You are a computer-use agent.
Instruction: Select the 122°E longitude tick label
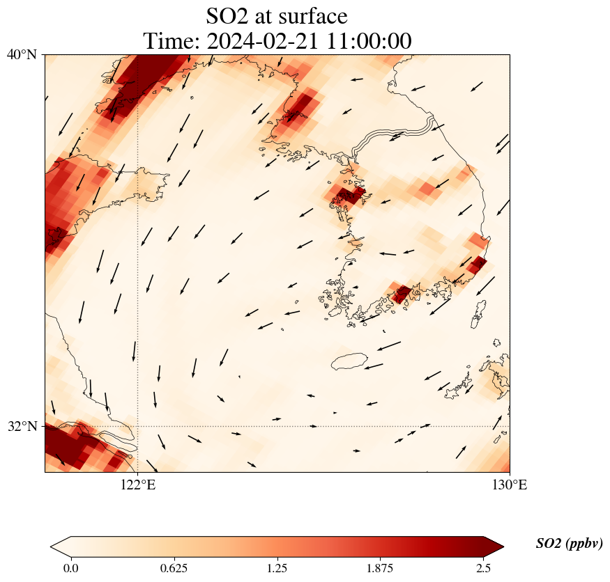137,485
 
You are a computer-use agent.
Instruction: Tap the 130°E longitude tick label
510,485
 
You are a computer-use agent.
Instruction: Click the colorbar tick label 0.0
70,568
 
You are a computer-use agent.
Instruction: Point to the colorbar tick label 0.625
174,568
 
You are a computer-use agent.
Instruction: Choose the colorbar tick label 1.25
277,568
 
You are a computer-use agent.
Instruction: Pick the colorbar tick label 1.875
381,568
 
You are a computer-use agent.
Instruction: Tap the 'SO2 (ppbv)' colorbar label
569,544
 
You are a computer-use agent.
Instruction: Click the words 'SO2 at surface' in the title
277,15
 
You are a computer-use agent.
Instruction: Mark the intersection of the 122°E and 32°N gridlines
137,426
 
